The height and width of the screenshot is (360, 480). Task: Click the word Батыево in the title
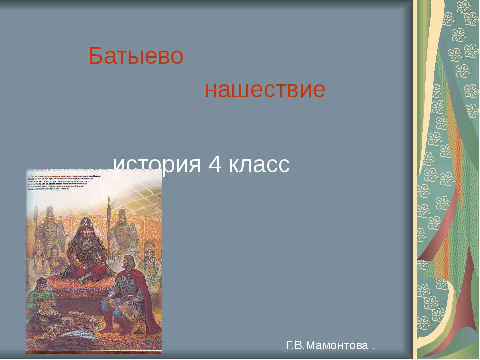(x=136, y=57)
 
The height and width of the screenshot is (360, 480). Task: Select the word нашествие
(x=265, y=91)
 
